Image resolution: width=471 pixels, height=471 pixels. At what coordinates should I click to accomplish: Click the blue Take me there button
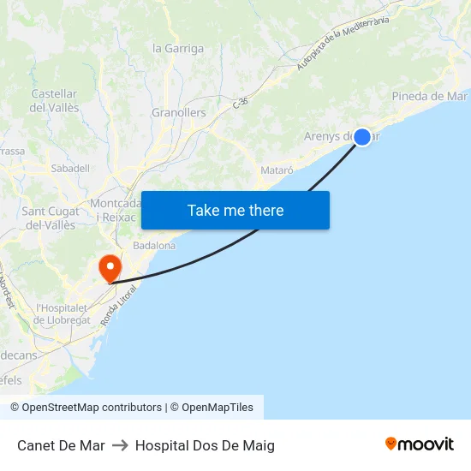click(x=235, y=210)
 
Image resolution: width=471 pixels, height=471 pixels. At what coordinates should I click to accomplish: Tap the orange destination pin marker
click(x=110, y=268)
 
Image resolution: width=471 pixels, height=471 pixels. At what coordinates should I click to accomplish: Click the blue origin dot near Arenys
click(x=362, y=136)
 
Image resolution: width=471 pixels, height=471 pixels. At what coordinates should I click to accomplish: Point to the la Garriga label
click(x=178, y=49)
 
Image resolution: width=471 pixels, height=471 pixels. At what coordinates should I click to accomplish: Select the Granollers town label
click(x=179, y=113)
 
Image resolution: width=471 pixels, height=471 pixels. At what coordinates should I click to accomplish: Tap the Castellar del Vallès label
click(x=55, y=101)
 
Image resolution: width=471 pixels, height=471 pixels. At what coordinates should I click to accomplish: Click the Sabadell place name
click(x=70, y=169)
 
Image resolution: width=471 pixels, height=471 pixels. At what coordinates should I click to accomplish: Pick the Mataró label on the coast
click(x=277, y=170)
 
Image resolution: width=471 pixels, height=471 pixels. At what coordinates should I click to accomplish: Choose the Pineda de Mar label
click(x=429, y=96)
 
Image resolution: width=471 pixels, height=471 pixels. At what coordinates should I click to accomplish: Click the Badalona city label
click(x=154, y=245)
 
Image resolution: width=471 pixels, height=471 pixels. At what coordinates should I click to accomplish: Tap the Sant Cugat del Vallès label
click(x=49, y=218)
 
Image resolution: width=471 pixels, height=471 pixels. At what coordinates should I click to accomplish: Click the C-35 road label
click(x=241, y=102)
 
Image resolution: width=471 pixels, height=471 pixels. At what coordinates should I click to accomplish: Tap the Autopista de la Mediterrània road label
click(x=343, y=43)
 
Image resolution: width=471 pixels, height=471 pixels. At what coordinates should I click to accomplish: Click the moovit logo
click(x=419, y=444)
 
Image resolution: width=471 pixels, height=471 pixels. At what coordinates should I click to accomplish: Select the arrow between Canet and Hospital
click(x=120, y=445)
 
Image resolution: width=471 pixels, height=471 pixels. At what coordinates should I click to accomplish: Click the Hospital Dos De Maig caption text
click(x=205, y=445)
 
